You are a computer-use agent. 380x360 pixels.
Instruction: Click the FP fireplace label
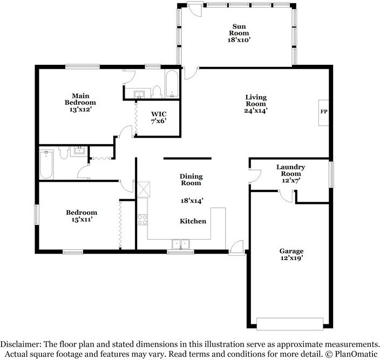pyautogui.click(x=324, y=111)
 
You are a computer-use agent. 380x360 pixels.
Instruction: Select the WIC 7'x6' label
pyautogui.click(x=159, y=118)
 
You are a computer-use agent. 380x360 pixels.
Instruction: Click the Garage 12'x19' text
pyautogui.click(x=291, y=254)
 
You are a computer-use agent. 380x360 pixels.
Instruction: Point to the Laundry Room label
pyautogui.click(x=291, y=171)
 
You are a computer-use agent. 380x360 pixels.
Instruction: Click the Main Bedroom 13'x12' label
pyautogui.click(x=80, y=103)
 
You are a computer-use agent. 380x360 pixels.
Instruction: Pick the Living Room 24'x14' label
pyautogui.click(x=256, y=104)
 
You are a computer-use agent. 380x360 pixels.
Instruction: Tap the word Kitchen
pyautogui.click(x=193, y=221)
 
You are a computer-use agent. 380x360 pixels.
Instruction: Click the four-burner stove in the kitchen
pyautogui.click(x=142, y=220)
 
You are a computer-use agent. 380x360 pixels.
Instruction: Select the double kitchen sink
pyautogui.click(x=180, y=244)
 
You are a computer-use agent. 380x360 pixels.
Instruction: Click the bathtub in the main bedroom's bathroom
pyautogui.click(x=172, y=84)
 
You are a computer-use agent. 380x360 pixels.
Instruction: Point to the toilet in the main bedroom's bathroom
pyautogui.click(x=157, y=92)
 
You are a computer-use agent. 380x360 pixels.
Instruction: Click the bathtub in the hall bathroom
pyautogui.click(x=46, y=164)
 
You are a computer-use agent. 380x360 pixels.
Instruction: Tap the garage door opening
pyautogui.click(x=290, y=324)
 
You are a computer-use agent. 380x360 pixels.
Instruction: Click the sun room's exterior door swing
pyautogui.click(x=195, y=10)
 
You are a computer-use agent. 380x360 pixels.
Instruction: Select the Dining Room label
pyautogui.click(x=191, y=180)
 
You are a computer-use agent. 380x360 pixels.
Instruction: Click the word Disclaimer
pyautogui.click(x=19, y=344)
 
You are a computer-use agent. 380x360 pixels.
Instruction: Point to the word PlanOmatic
pyautogui.click(x=356, y=354)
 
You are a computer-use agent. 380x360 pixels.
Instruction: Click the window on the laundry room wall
pyautogui.click(x=331, y=174)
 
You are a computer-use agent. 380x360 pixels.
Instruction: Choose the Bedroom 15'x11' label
pyautogui.click(x=82, y=216)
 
